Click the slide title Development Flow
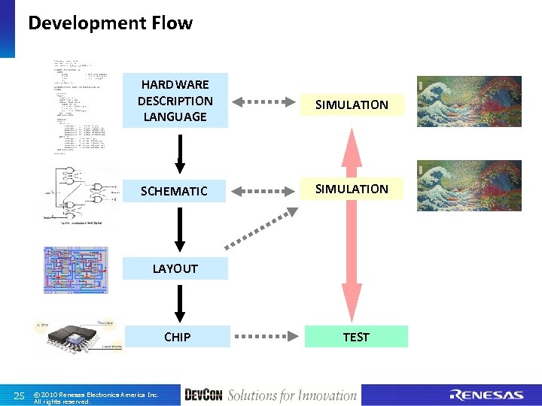(110, 23)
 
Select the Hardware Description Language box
(175, 101)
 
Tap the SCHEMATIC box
(175, 191)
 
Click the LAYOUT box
(175, 268)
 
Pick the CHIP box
(177, 337)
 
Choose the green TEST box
(355, 337)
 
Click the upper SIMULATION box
(352, 105)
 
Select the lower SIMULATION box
(352, 189)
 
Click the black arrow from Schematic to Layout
(179, 229)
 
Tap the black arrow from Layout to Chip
(179, 302)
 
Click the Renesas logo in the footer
(486, 395)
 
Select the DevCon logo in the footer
(203, 395)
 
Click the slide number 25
(20, 395)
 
